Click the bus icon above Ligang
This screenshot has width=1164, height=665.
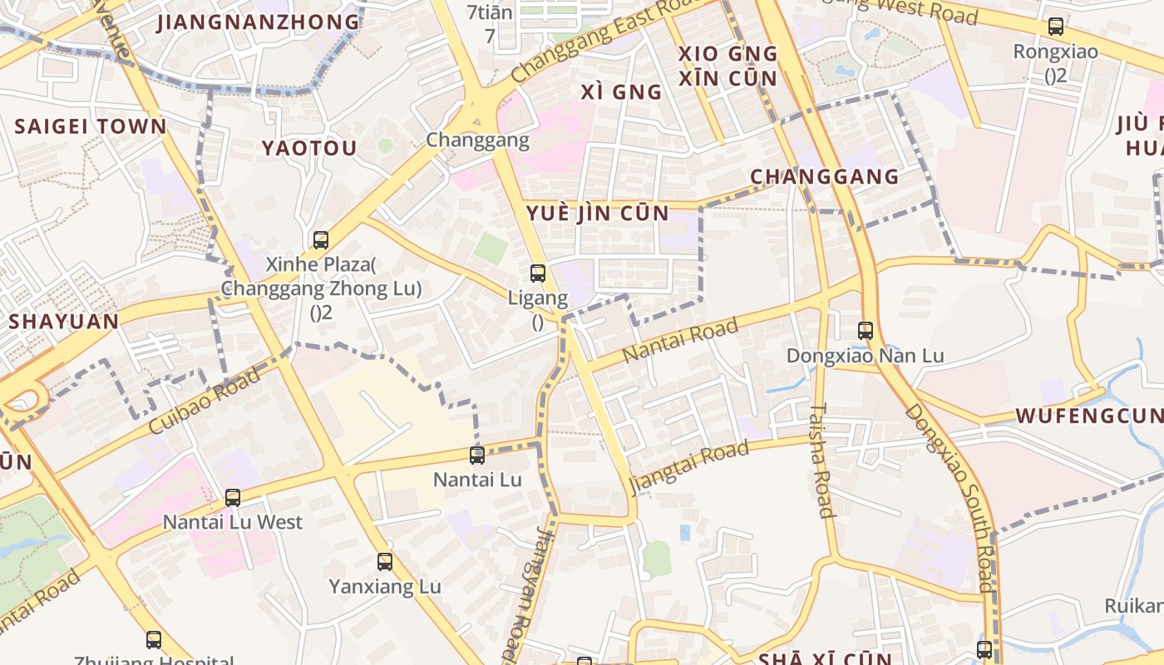point(538,273)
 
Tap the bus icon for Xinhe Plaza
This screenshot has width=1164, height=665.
point(321,240)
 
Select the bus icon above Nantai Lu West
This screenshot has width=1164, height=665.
point(233,498)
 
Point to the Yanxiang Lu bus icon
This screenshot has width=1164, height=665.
point(384,562)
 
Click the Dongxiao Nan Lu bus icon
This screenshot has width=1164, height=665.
point(866,331)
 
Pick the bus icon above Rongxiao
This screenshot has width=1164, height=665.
point(1055,27)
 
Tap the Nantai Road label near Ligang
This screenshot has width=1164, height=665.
point(680,339)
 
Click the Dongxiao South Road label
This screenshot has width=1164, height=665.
point(949,498)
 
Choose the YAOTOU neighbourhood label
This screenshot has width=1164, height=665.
point(309,149)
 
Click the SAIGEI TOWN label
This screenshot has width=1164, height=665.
point(91,127)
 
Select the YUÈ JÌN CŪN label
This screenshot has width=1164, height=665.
point(598,214)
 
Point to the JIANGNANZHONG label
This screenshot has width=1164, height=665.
point(259,22)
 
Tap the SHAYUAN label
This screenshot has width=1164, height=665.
point(63,322)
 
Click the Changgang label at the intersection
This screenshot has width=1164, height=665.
point(477,140)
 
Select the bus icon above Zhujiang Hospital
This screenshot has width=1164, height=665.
point(154,640)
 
